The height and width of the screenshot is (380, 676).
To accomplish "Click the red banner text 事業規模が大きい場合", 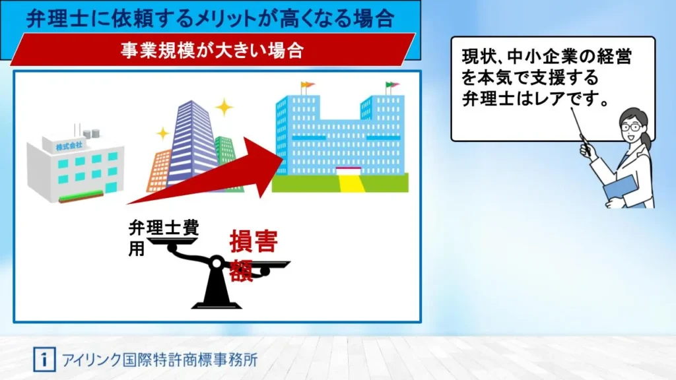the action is (x=212, y=50).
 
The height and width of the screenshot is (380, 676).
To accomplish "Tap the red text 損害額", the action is (x=253, y=255).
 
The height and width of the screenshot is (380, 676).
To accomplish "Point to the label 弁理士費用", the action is (x=164, y=237).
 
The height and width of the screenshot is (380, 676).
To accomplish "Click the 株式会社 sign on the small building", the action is (x=69, y=146).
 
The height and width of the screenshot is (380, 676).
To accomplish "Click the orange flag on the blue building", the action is (x=308, y=85).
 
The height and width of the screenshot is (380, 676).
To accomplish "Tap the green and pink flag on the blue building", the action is (x=392, y=85).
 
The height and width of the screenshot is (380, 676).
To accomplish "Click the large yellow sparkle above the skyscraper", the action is (x=224, y=108).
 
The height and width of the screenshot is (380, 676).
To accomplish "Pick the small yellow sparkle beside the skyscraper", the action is (x=162, y=133).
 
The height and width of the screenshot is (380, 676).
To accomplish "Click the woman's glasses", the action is (x=630, y=127).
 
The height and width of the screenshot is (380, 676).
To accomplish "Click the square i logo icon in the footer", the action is (x=44, y=360).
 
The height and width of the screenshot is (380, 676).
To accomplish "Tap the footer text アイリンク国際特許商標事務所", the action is (x=160, y=360).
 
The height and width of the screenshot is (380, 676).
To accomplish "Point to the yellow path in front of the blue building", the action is (x=351, y=183).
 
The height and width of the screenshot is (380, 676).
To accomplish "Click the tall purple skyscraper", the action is (x=193, y=142).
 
